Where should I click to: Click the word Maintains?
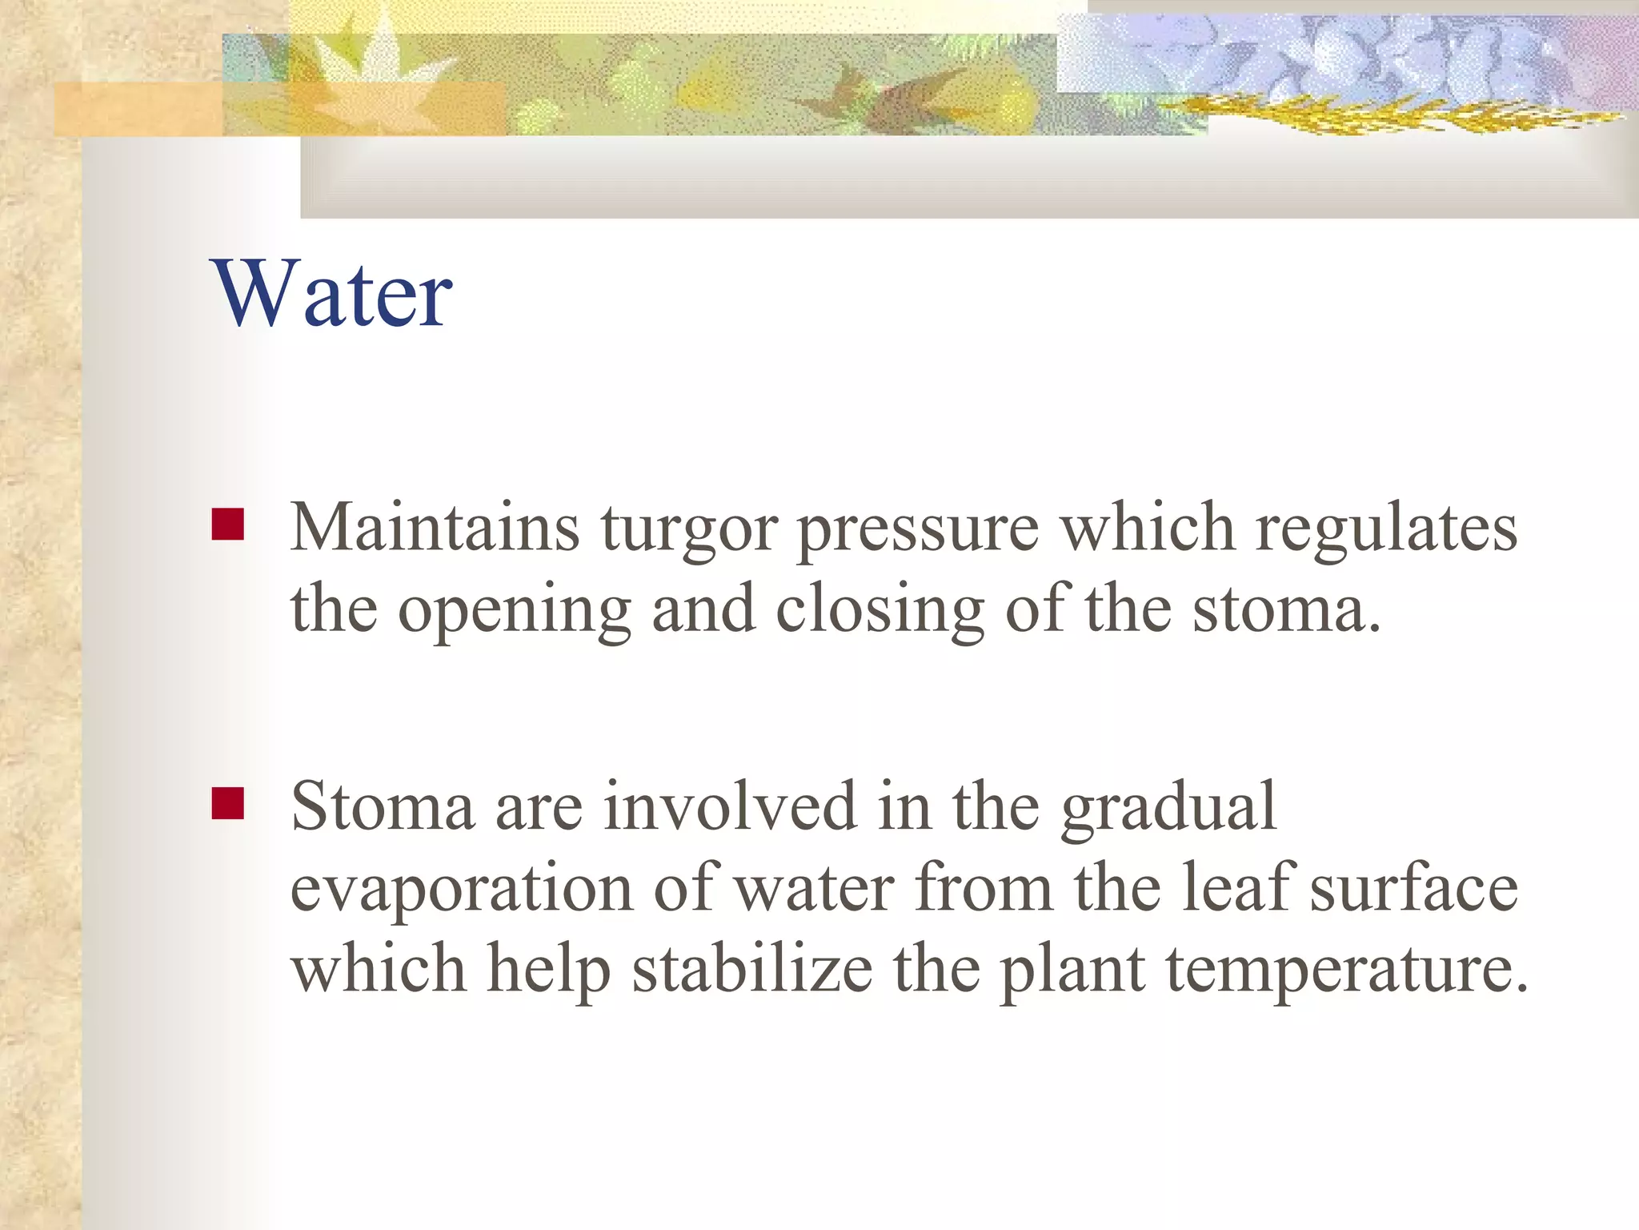coord(435,528)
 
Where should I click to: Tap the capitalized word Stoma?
coord(383,806)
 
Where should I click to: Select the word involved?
coord(730,806)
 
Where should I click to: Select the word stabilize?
coord(752,968)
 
